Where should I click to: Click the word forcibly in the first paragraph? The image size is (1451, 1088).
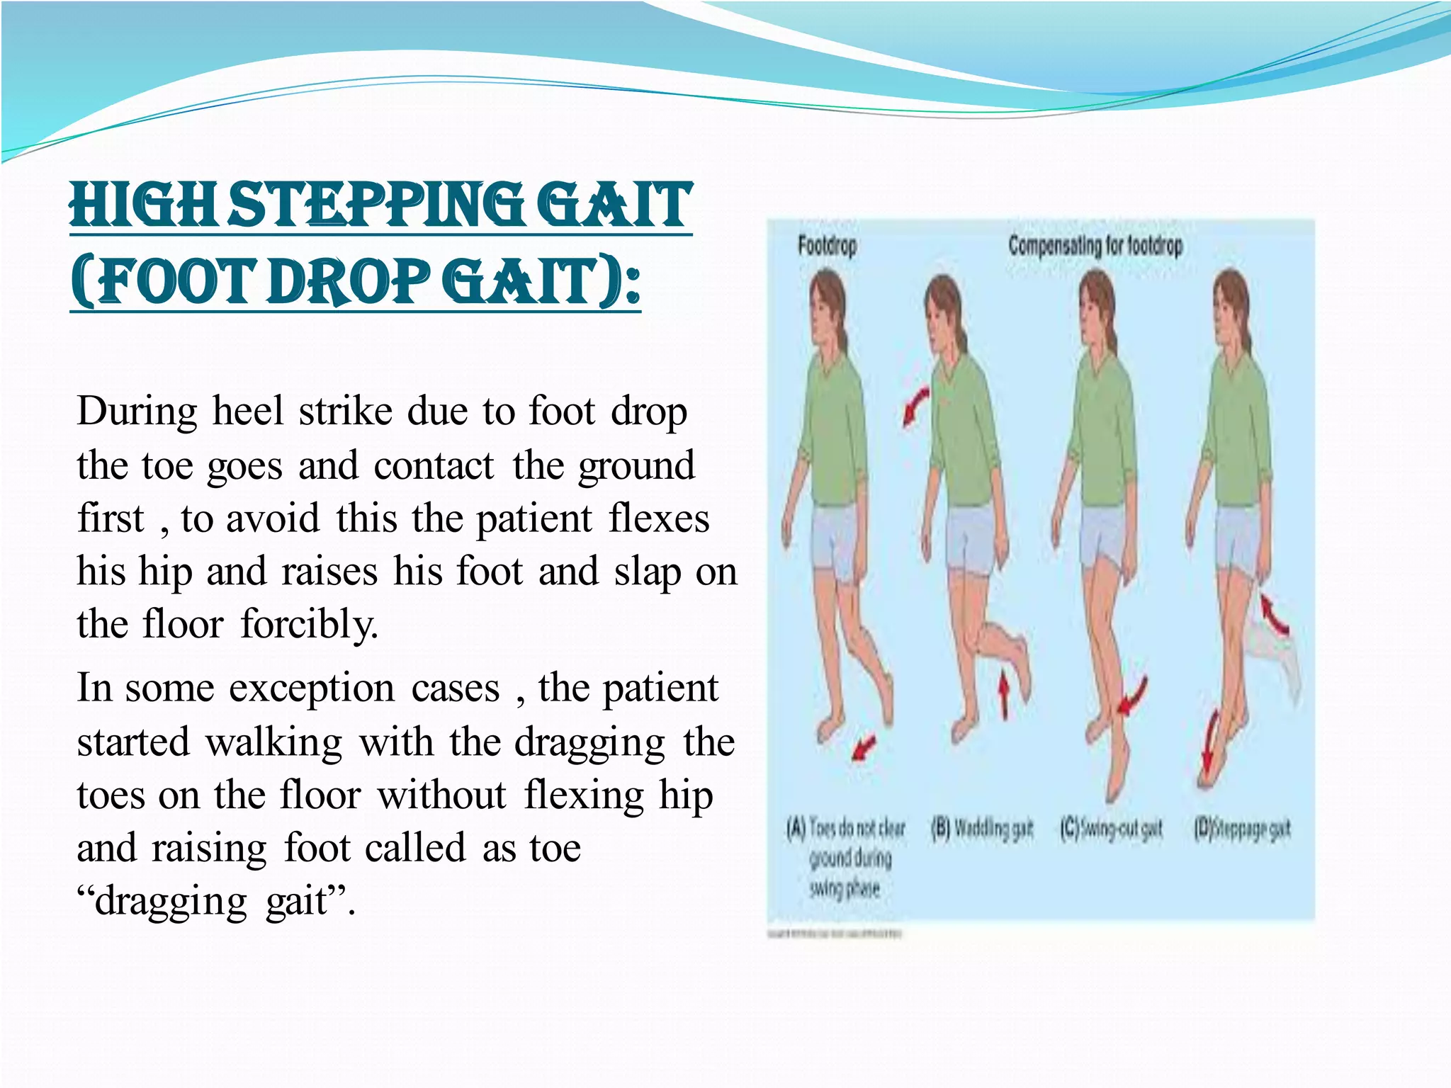click(309, 625)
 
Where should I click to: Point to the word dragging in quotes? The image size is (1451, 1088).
click(170, 902)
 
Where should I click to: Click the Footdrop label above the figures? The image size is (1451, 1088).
click(827, 246)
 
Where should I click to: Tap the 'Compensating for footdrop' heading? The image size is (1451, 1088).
click(1095, 246)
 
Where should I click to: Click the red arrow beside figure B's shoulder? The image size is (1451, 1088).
click(915, 405)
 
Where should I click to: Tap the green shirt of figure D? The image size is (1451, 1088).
click(1236, 425)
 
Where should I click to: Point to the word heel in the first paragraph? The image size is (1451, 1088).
click(247, 412)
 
